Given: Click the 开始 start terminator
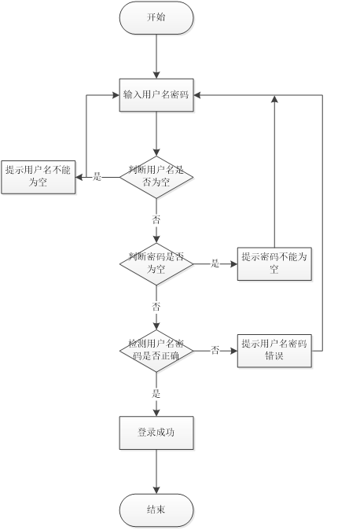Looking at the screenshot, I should click(x=156, y=17).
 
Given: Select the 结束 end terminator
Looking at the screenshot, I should click(x=156, y=510).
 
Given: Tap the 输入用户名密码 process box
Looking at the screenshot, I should click(x=156, y=95).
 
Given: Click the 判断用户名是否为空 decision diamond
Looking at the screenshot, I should click(x=156, y=176).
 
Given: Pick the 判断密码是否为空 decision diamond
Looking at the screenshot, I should click(x=156, y=263).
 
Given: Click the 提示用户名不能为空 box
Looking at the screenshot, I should click(x=39, y=176).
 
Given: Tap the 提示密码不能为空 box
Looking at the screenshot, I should click(x=274, y=263).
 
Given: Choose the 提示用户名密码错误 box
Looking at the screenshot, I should click(x=274, y=350).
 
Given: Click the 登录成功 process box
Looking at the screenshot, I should click(x=156, y=432).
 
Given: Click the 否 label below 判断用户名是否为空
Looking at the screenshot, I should click(x=156, y=219).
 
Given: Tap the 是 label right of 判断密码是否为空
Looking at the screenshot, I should click(x=215, y=264).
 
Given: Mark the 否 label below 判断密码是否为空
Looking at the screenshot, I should click(x=156, y=306).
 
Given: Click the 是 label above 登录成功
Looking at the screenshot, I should click(x=156, y=393).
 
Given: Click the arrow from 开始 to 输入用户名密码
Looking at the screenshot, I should click(x=156, y=55).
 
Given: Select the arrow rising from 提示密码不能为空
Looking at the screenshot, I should click(x=274, y=173).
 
